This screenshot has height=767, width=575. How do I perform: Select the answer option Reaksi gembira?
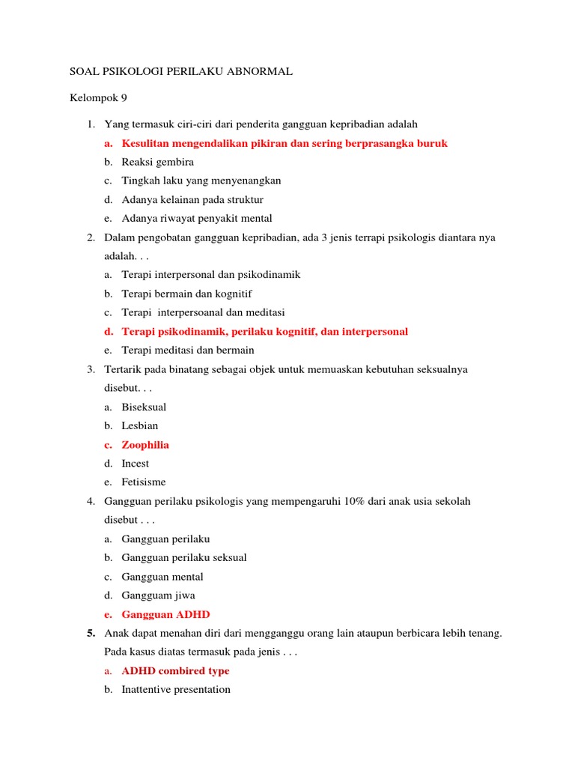(158, 162)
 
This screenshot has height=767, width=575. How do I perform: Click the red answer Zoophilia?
(145, 445)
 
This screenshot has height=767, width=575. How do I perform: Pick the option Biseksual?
(144, 407)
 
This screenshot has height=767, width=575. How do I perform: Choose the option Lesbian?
(140, 425)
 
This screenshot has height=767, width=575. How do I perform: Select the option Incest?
(136, 464)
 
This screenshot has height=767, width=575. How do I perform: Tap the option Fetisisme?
(144, 482)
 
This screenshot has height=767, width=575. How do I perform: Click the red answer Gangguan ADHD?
(165, 614)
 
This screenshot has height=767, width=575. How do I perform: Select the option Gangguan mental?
(162, 577)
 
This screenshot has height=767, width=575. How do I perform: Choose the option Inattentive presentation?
(176, 689)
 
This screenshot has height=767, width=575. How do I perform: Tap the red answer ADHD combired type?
(175, 671)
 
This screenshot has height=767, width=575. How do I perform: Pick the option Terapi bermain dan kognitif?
(192, 294)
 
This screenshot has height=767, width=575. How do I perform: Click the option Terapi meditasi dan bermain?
(188, 350)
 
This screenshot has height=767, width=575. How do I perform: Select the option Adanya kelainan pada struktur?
(192, 200)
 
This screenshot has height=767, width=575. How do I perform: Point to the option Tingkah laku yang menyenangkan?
(201, 181)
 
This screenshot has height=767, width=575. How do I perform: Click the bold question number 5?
(91, 634)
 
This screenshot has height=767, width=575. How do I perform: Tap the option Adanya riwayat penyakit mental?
(197, 219)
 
